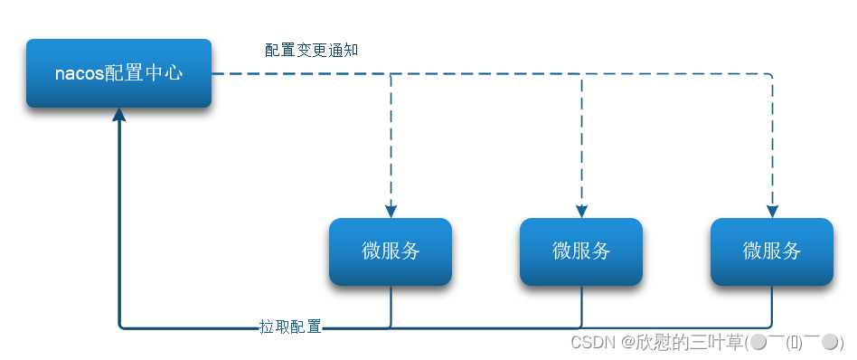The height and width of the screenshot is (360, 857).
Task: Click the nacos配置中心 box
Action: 118,73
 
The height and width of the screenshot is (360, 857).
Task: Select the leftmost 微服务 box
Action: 391,251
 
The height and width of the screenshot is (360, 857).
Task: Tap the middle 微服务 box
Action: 581,251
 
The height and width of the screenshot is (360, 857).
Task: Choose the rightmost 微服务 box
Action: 772,251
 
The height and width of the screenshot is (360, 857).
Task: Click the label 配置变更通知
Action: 312,50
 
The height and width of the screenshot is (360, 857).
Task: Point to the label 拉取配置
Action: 290,327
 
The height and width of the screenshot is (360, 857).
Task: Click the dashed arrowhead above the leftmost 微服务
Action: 391,212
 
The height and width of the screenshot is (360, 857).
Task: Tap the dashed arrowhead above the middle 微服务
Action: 581,212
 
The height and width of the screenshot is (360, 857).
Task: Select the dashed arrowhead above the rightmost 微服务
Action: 772,212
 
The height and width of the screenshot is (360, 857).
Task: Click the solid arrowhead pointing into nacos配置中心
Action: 118,116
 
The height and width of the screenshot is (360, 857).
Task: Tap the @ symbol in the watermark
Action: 626,343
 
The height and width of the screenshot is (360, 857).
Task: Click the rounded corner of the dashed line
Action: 769,76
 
